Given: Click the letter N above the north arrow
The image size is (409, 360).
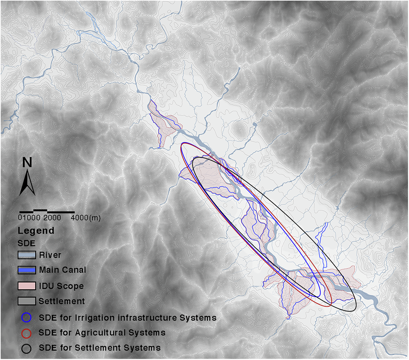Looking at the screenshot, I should coord(27,163).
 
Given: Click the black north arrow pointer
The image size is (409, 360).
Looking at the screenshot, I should coord(27,183).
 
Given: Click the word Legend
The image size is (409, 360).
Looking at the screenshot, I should coord(36,230).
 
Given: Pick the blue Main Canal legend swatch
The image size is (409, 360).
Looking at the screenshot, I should coord(27,271).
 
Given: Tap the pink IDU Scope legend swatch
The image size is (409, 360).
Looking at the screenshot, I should coord(27,286).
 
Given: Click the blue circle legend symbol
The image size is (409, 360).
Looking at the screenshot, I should coord(27,318).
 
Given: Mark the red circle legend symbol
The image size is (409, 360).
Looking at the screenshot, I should coord(27,333).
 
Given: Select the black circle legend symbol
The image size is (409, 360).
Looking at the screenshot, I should coord(27,348).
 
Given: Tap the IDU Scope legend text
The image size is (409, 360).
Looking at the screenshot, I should coord(61,286).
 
